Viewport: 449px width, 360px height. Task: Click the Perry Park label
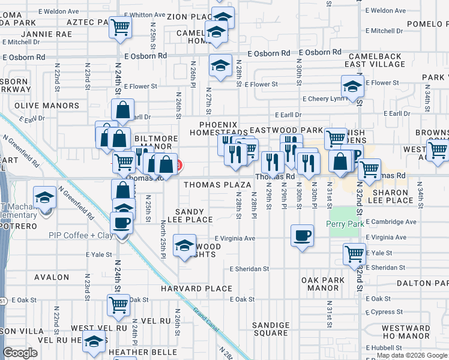click(346, 224)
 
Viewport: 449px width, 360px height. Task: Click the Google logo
click(20, 353)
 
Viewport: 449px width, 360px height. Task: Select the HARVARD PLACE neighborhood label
click(196, 289)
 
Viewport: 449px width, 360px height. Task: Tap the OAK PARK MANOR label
click(323, 284)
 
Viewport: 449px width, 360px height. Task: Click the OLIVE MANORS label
click(47, 106)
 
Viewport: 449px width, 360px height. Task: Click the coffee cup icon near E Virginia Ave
click(302, 235)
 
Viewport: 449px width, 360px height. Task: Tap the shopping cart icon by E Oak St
click(118, 304)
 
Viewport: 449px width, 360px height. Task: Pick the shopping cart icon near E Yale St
click(355, 253)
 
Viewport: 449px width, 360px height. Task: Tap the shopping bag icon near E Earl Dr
click(122, 110)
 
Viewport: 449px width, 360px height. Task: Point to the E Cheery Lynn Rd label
click(325, 98)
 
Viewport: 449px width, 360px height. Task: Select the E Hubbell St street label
click(385, 347)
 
